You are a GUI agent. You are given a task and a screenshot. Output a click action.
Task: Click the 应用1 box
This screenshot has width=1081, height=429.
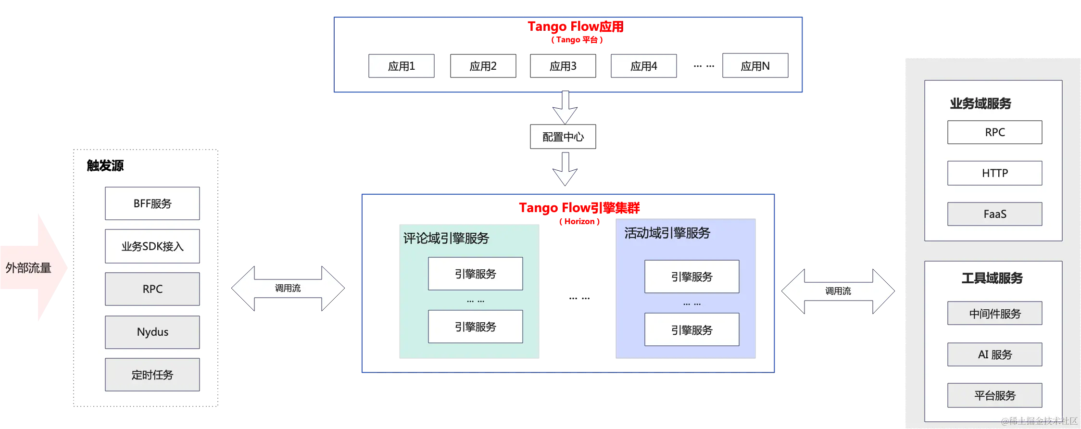pyautogui.click(x=402, y=66)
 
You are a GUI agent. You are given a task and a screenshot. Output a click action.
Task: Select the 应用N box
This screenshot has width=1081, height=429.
pyautogui.click(x=755, y=65)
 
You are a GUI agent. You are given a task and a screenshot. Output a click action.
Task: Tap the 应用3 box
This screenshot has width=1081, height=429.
pyautogui.click(x=563, y=66)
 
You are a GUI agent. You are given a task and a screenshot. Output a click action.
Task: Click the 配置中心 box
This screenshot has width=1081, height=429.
pyautogui.click(x=563, y=137)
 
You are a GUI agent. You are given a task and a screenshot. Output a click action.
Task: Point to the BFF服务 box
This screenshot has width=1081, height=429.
pyautogui.click(x=152, y=203)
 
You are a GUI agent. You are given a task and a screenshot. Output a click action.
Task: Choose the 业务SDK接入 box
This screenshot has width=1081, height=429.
pyautogui.click(x=152, y=246)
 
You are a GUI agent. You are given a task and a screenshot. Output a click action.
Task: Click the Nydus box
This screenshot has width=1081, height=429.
pyautogui.click(x=152, y=332)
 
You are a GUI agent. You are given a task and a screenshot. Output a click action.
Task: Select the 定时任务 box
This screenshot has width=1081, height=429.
pyautogui.click(x=152, y=375)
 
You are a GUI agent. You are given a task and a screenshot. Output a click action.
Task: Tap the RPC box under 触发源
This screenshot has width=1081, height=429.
pyautogui.click(x=152, y=289)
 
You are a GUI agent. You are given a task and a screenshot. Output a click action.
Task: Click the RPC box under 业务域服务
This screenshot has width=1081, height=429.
pyautogui.click(x=995, y=132)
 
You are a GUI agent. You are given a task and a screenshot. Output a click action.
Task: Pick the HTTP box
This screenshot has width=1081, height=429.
pyautogui.click(x=995, y=173)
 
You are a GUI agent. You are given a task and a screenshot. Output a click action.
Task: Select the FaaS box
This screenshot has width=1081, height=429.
pyautogui.click(x=995, y=214)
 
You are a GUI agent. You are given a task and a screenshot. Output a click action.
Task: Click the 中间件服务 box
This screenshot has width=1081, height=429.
pyautogui.click(x=995, y=314)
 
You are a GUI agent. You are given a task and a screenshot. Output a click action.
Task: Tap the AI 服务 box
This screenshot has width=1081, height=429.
pyautogui.click(x=995, y=354)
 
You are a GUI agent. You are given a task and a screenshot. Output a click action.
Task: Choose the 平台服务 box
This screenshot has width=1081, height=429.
pyautogui.click(x=995, y=395)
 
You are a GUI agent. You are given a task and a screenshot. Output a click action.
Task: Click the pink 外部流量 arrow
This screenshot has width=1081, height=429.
pyautogui.click(x=34, y=267)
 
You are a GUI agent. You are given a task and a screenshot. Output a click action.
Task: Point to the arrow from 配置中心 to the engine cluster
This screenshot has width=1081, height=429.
pyautogui.click(x=565, y=169)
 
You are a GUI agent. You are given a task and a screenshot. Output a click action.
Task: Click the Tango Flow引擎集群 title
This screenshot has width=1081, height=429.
pyautogui.click(x=579, y=208)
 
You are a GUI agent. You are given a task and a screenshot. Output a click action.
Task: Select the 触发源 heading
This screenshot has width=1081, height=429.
pyautogui.click(x=105, y=165)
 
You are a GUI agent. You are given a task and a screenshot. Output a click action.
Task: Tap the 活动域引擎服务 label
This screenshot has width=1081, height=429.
pyautogui.click(x=667, y=233)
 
